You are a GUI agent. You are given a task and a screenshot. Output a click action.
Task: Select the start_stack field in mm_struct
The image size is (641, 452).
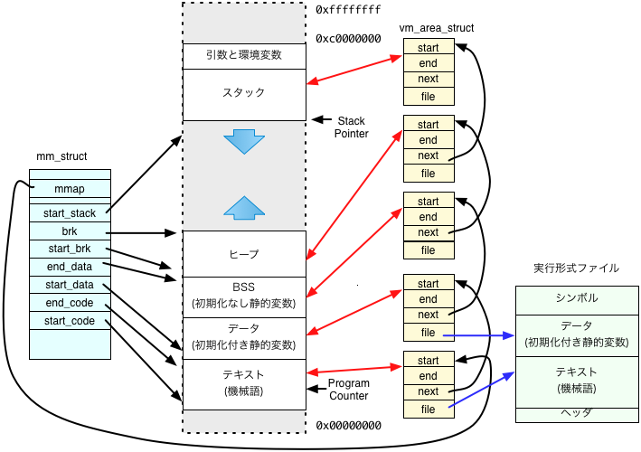tap(70, 213)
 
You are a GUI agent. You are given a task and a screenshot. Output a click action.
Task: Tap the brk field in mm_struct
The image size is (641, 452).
tap(70, 231)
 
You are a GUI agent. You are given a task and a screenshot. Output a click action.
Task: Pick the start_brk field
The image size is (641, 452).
tap(70, 249)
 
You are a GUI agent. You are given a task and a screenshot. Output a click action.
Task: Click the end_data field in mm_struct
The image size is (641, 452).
tap(70, 267)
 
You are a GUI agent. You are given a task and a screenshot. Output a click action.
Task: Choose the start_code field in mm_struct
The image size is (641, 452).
tap(70, 320)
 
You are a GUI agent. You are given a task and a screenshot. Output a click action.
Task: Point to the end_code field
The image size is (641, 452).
tap(70, 302)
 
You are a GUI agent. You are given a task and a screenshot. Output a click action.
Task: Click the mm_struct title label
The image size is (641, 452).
tap(61, 156)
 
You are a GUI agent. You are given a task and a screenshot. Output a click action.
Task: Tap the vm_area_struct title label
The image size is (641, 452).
tap(436, 28)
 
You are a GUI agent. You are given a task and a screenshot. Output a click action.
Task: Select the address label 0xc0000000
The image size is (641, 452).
tap(349, 39)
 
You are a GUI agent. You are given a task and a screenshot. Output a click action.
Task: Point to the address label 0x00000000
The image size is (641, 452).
tap(349, 424)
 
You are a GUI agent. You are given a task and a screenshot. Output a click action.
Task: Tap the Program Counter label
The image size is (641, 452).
tap(350, 390)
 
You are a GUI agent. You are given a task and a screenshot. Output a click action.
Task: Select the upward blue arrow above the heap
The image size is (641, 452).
tap(244, 207)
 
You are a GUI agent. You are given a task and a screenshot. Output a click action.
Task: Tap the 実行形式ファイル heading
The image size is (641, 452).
tap(576, 268)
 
